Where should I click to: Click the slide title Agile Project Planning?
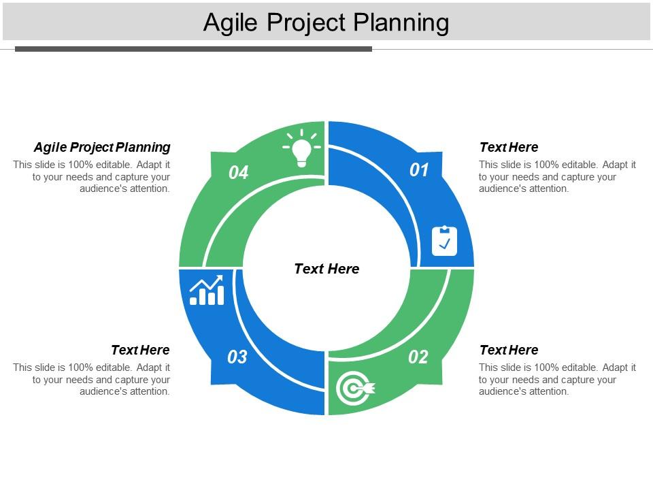pos(326,22)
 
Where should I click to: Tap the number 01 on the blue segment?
pos(419,170)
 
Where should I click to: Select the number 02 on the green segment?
pos(418,357)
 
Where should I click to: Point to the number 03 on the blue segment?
pos(237,357)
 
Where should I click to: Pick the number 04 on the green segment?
pos(239,173)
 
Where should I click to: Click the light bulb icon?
pos(302,149)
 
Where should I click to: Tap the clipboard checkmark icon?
pos(445,241)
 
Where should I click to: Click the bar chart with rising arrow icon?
pos(207,291)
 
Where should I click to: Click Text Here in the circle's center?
pos(326,269)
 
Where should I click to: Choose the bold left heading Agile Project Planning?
pos(102,147)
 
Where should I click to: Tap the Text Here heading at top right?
pos(509,147)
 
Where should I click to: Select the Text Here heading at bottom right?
pos(509,350)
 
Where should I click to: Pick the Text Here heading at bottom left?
pos(140,350)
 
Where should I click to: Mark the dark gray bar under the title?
pos(193,49)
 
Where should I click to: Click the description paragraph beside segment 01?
pos(557,176)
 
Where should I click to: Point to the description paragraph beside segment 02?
pos(557,379)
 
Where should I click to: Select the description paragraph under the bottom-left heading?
pos(92,379)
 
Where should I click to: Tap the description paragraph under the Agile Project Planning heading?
pos(92,176)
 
